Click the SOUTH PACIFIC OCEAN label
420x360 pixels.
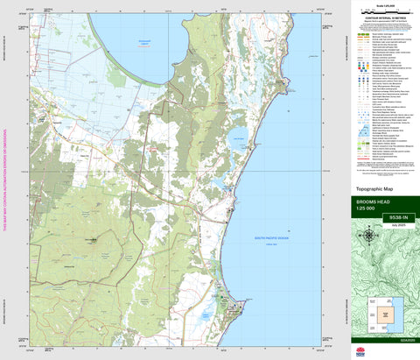coord(271,236)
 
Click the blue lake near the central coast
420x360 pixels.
coord(236,135)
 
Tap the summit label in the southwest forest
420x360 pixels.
coord(91,239)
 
